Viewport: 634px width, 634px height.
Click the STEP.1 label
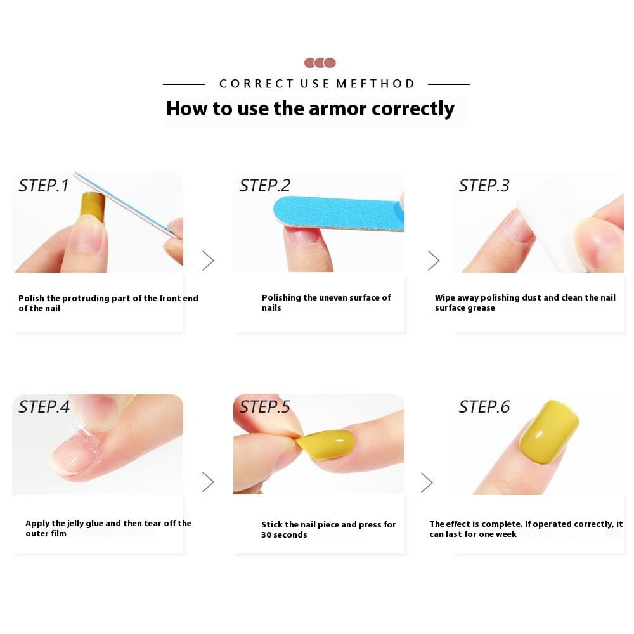pyautogui.click(x=44, y=186)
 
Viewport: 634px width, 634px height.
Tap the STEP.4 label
pyautogui.click(x=44, y=407)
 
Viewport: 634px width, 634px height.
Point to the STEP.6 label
pyautogui.click(x=484, y=407)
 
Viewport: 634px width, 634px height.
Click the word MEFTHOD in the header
pyautogui.click(x=375, y=84)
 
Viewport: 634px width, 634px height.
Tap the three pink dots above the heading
pyautogui.click(x=320, y=63)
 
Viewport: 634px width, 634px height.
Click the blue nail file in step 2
pyautogui.click(x=339, y=213)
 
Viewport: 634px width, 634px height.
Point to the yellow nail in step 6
pyautogui.click(x=548, y=431)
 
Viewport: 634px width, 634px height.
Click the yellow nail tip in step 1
pyautogui.click(x=92, y=207)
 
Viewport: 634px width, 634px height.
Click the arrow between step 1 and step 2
pyautogui.click(x=208, y=261)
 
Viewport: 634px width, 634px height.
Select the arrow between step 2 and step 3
pyautogui.click(x=434, y=261)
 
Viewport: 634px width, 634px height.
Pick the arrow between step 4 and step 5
pyautogui.click(x=208, y=482)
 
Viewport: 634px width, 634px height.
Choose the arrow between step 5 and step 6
pyautogui.click(x=427, y=482)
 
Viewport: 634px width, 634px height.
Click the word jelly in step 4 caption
pyautogui.click(x=75, y=524)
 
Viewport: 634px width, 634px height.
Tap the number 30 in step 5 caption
pyautogui.click(x=266, y=535)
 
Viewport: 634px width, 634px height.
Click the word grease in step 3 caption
pyautogui.click(x=482, y=308)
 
